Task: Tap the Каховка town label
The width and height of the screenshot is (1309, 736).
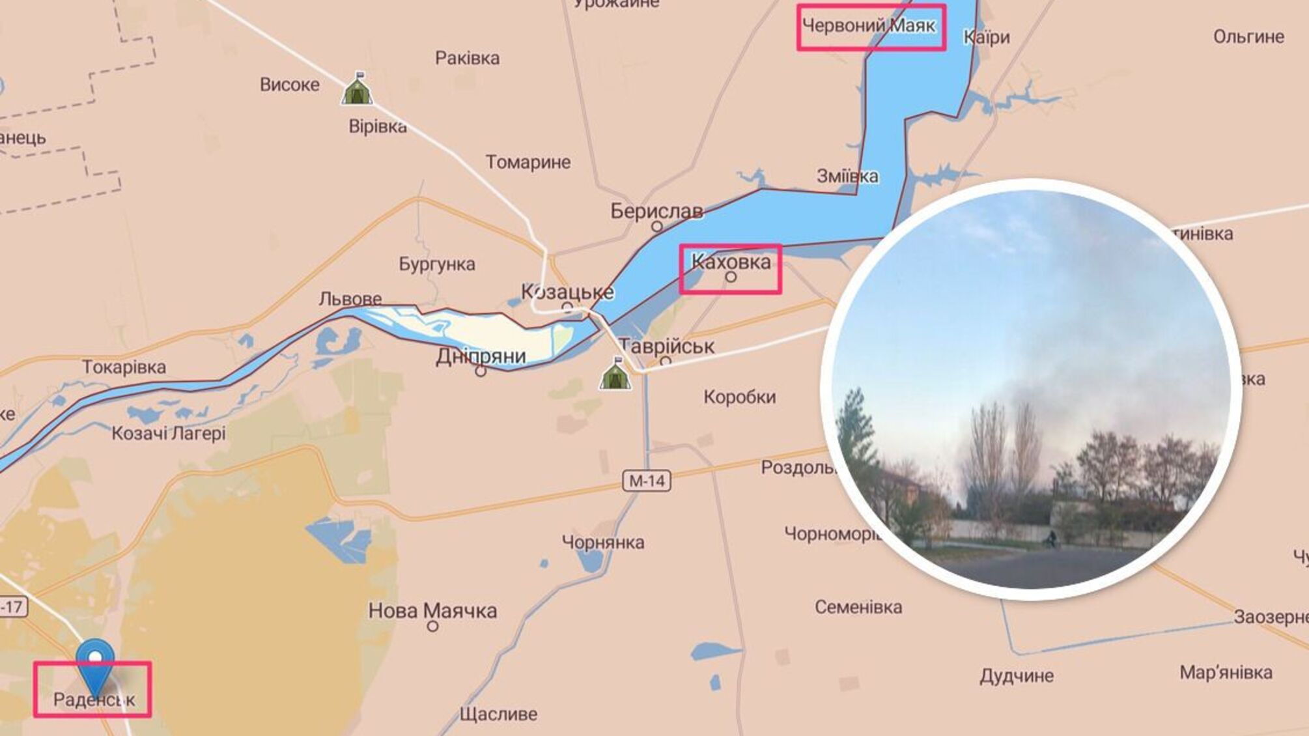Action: click(731, 262)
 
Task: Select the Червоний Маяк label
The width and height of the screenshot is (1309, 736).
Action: click(869, 26)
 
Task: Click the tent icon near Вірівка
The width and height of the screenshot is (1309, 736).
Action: click(357, 89)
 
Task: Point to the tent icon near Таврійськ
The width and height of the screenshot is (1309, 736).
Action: click(615, 374)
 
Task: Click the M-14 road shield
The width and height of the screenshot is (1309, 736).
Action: click(647, 481)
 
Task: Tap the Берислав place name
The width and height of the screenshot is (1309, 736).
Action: click(656, 211)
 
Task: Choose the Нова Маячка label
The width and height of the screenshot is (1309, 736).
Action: click(432, 610)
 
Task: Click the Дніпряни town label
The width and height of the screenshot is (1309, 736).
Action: click(481, 356)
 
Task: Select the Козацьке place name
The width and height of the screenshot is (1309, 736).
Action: click(567, 292)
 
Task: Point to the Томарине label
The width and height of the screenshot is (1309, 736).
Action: click(528, 162)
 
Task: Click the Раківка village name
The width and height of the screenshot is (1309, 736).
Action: click(468, 59)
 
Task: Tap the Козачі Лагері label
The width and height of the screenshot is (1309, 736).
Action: click(169, 433)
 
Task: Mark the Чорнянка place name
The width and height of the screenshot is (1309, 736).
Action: click(603, 542)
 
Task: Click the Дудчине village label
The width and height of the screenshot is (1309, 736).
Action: click(1017, 676)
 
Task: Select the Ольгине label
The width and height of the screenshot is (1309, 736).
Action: click(1248, 36)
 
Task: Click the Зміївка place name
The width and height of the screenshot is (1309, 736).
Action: click(847, 177)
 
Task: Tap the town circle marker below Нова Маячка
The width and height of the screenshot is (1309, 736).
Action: click(432, 627)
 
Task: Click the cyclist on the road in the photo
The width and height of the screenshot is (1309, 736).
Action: click(1051, 538)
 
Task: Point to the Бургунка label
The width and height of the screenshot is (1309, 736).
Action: click(437, 264)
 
